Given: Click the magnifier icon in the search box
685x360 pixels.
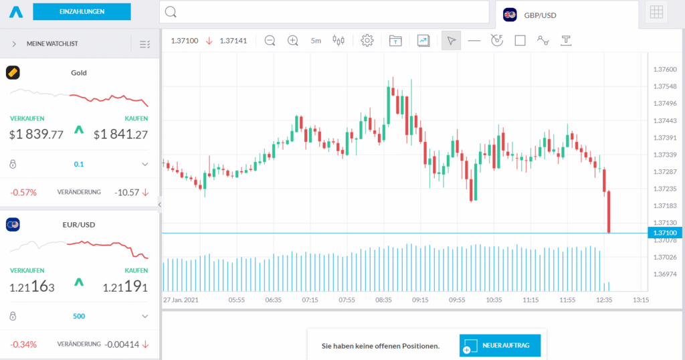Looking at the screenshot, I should tap(171, 12).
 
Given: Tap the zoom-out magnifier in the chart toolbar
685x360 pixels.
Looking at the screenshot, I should tap(270, 40).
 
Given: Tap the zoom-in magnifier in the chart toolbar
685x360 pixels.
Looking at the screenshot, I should tap(292, 40).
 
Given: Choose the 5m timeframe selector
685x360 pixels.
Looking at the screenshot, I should tap(316, 41).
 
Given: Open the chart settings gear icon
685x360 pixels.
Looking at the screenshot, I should tap(367, 40).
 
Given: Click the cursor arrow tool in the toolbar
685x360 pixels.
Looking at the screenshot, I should tap(452, 41).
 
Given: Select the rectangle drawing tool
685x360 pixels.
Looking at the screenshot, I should tap(520, 40).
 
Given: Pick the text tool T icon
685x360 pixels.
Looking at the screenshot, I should tap(566, 40).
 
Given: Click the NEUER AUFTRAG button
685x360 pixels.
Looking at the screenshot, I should tap(500, 345).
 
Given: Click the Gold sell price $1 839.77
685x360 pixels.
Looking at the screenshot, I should tap(36, 134).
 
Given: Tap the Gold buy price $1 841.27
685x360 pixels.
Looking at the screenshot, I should tap(120, 134).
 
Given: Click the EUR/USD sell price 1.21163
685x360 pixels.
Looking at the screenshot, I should tap(32, 288).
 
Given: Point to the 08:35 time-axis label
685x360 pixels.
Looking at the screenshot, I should tap(383, 300).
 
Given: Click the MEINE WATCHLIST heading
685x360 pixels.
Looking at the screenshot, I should tap(52, 43).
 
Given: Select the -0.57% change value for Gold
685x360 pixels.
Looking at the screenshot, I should tap(23, 192).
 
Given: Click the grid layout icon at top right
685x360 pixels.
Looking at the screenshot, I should tap(656, 12).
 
